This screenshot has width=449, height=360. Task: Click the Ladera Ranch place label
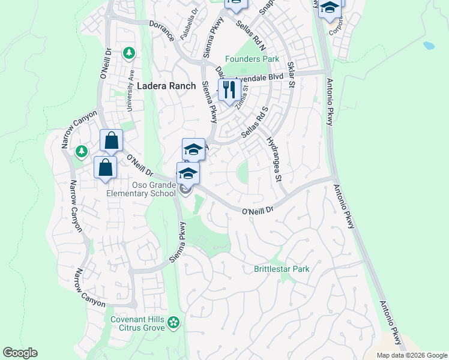point(166,86)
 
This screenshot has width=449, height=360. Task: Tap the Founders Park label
point(252,59)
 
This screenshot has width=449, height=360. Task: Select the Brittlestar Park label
point(282,269)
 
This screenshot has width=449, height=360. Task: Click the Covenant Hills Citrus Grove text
point(137,324)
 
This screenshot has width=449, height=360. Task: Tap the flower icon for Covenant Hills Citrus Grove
point(173,323)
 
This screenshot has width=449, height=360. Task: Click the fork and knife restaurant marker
point(229,91)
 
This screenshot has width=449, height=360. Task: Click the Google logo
point(20,353)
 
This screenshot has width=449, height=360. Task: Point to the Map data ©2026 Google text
point(411,355)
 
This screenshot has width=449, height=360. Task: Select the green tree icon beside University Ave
point(128,53)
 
